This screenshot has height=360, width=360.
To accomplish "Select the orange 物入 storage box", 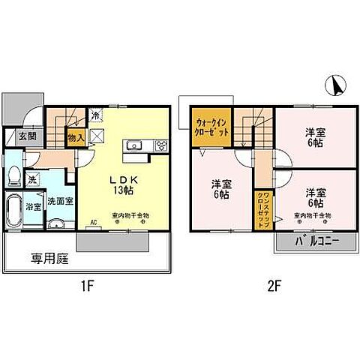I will (75, 137).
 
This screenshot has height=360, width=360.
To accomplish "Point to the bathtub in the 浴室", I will (14, 208).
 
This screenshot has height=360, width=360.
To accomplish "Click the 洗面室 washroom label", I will (59, 201).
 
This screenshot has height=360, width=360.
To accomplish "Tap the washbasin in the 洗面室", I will (55, 223).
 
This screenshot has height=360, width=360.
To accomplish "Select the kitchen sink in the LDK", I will (134, 146).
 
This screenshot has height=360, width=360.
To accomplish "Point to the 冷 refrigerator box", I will (96, 116).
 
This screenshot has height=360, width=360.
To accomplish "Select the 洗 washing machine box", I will (32, 181).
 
